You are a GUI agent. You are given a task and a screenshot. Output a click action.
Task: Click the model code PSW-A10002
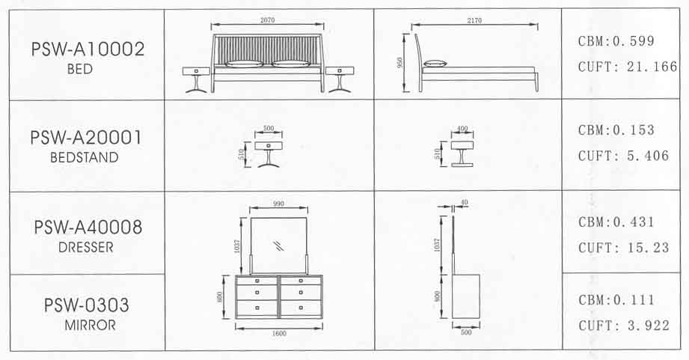tap(88, 49)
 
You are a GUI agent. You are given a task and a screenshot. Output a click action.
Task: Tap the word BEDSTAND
tap(85, 157)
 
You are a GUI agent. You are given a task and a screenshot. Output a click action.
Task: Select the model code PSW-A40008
tap(88, 228)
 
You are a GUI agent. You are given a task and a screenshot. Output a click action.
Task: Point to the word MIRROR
tap(90, 326)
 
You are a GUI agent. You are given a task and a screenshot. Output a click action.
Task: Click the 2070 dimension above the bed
tap(267, 19)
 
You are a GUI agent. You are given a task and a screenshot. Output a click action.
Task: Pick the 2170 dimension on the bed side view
tap(474, 20)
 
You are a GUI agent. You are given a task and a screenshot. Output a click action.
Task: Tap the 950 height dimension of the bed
tap(399, 62)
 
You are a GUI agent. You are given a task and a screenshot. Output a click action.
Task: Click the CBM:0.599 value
tap(616, 41)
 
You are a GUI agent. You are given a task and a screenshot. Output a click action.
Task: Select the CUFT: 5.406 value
tap(623, 156)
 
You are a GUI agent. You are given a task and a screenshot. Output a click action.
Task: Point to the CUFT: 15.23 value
tap(623, 248)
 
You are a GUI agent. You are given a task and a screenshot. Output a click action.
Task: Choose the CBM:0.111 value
tap(616, 300)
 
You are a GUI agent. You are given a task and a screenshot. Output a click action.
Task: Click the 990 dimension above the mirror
tap(278, 204)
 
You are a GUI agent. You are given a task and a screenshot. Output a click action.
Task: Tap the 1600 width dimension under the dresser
tap(279, 333)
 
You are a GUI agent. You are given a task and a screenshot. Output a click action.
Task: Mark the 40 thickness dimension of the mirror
tap(465, 203)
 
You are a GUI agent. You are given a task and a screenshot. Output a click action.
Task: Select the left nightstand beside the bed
tap(196, 79)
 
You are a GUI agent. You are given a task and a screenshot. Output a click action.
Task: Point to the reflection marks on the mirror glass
tap(278, 245)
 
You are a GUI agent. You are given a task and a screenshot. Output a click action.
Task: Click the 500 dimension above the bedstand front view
tap(269, 128)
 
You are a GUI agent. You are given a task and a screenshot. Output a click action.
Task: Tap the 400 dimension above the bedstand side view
tap(462, 129)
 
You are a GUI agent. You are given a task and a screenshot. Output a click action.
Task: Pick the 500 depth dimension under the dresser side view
tap(466, 332)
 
